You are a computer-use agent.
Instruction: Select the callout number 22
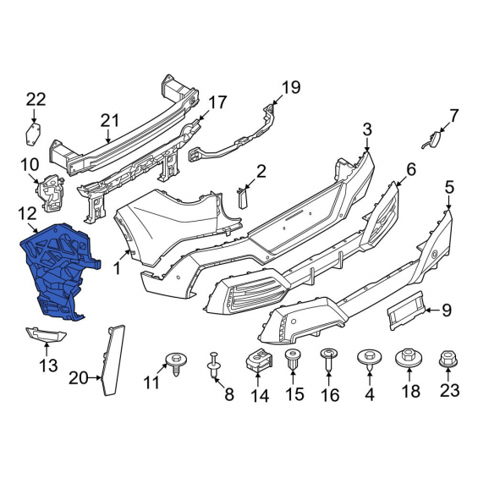(36, 99)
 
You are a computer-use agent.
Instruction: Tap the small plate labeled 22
(33, 134)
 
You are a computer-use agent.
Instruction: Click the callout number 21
(109, 121)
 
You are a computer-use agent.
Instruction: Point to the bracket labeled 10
(50, 193)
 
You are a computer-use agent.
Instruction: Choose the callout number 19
(291, 87)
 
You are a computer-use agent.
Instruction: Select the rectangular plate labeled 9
(406, 310)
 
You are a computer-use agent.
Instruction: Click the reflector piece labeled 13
(46, 335)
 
